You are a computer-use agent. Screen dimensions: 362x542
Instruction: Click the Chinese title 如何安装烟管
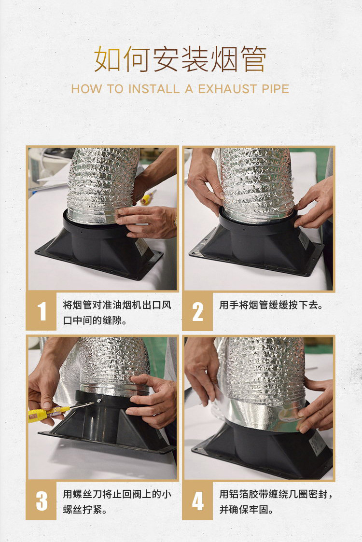pos(181,59)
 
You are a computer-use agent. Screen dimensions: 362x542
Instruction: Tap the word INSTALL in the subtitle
pos(154,89)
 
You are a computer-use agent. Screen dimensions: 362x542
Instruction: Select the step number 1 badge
pos(41,311)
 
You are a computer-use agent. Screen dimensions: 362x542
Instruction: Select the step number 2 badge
pos(197,311)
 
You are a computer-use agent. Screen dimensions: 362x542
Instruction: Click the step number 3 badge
pos(41,500)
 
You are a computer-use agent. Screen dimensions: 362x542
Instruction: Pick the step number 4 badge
pos(197,500)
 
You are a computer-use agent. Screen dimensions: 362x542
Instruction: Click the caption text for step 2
pos(271,305)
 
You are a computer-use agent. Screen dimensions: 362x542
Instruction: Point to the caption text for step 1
pos(117,313)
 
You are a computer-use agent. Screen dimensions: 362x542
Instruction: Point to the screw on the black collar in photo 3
pos(99,401)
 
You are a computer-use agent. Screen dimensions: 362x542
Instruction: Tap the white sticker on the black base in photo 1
pos(141,246)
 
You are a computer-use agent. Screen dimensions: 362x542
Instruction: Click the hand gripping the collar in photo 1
pos(147,221)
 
